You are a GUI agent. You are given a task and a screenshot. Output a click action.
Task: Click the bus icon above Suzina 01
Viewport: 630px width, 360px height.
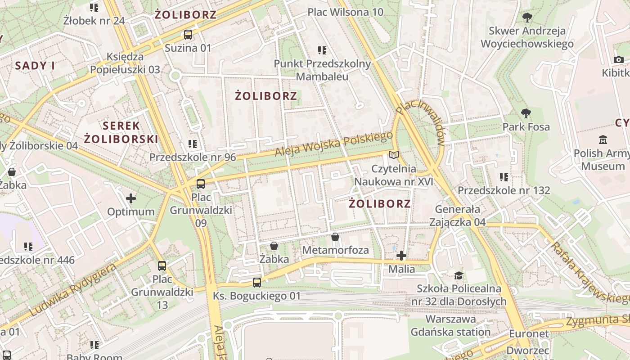tap(188, 35)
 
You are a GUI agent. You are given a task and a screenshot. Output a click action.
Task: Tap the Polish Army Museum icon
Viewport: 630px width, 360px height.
tap(603, 139)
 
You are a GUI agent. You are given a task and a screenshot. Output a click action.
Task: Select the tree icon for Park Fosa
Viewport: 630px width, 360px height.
tap(526, 113)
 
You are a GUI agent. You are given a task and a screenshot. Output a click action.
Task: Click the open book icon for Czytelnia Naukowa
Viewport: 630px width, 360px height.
tap(394, 155)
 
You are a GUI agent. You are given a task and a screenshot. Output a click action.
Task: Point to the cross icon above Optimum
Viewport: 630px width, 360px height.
tap(131, 198)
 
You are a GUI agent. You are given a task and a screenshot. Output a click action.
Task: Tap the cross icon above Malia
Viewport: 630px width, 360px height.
tap(401, 256)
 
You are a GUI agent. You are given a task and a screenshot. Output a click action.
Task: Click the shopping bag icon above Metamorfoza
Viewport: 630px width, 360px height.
tap(335, 237)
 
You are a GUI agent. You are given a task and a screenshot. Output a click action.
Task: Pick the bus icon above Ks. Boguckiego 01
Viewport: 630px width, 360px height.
tap(256, 283)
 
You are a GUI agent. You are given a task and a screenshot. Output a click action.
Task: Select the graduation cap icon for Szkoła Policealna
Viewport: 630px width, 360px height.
tap(459, 275)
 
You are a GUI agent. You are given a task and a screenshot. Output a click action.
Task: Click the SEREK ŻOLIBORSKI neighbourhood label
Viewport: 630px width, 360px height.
tap(121, 132)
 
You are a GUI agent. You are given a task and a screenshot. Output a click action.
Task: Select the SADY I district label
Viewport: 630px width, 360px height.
tap(35, 66)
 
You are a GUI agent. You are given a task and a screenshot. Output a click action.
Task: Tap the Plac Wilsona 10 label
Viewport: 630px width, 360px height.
tap(346, 12)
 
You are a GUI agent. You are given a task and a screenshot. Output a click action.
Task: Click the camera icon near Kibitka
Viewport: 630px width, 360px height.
tap(618, 59)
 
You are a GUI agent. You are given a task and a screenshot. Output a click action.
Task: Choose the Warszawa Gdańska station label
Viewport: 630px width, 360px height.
tap(450, 325)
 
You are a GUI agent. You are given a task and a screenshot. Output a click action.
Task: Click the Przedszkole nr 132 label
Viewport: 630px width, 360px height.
tap(504, 190)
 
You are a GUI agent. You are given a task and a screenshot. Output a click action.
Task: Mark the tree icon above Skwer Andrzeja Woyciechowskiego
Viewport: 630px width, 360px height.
tap(527, 18)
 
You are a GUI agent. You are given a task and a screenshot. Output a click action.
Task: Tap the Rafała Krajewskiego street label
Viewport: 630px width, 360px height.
tap(589, 273)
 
